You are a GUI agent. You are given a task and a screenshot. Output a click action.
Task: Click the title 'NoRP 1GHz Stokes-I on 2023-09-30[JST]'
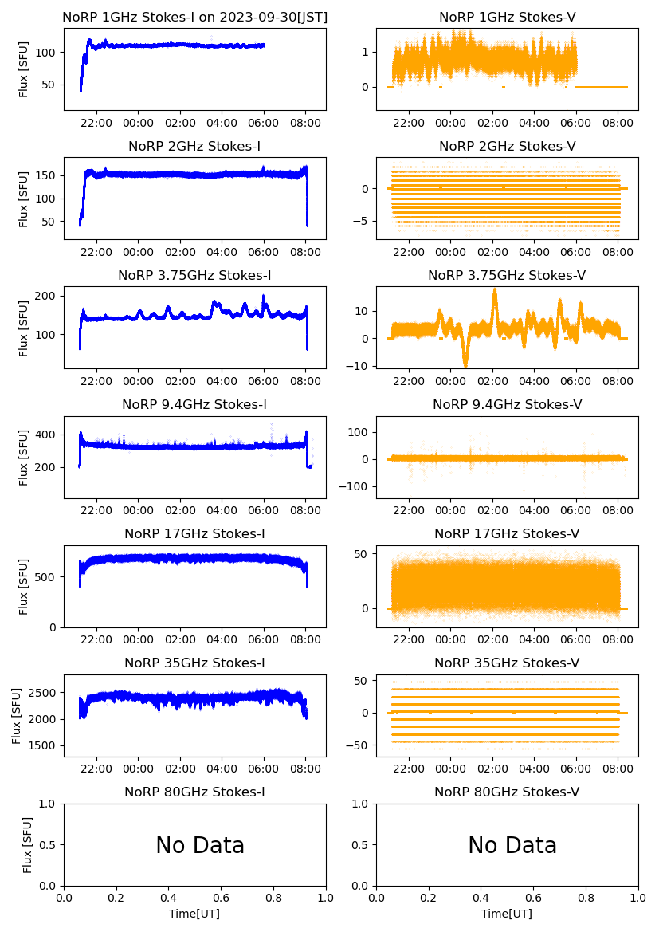click(194, 17)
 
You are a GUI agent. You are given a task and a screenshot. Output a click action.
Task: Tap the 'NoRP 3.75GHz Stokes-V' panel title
click(507, 275)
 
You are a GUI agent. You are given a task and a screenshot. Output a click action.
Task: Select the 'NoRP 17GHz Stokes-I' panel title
click(194, 533)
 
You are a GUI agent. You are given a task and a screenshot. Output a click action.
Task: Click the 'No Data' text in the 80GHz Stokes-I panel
click(200, 845)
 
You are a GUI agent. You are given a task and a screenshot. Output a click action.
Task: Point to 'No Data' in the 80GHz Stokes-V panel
click(512, 845)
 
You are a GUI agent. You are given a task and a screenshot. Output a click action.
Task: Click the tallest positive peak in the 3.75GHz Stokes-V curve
click(495, 290)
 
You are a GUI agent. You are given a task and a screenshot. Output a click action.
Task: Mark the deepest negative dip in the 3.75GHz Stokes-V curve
click(465, 365)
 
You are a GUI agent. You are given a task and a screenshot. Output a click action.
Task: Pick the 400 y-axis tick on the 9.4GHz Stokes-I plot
click(49, 435)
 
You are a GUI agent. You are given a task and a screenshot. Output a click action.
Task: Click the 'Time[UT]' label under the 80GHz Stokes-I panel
click(194, 914)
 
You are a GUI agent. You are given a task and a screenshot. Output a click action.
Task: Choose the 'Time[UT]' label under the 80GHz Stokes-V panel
click(507, 914)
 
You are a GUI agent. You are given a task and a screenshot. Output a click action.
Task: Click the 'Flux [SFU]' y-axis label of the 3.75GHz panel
click(24, 328)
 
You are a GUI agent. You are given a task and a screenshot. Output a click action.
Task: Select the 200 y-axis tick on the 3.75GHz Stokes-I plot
click(49, 296)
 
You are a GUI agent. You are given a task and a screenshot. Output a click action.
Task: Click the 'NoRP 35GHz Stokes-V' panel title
click(507, 663)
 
